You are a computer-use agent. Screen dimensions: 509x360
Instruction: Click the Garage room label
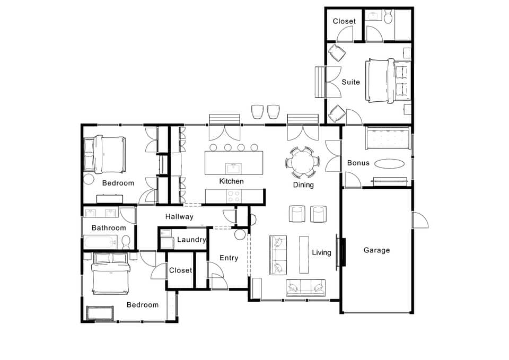(376, 250)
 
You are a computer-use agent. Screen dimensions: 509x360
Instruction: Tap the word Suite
(351, 82)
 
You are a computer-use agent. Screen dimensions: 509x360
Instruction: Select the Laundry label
(191, 240)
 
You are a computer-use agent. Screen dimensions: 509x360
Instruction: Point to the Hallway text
(179, 216)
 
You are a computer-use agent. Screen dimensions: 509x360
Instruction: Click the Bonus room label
(358, 163)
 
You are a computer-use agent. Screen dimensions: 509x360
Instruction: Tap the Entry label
(229, 258)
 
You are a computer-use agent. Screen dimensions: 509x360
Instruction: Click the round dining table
(303, 162)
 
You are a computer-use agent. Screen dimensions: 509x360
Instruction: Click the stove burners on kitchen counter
(234, 196)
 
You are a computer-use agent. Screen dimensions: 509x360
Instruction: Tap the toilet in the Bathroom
(126, 242)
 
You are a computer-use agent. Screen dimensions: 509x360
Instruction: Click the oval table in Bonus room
(389, 163)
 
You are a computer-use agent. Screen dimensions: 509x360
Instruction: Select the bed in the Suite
(388, 81)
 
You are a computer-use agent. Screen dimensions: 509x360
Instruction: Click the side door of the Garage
(420, 220)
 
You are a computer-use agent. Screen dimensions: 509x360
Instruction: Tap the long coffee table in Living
(304, 254)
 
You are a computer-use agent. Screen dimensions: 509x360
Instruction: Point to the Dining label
(303, 185)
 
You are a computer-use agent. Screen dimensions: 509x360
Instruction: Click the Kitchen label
(232, 181)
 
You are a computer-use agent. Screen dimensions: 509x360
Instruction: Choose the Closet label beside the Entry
(180, 270)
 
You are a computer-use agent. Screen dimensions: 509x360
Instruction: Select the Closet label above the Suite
(344, 21)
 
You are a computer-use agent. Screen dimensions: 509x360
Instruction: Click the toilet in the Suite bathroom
(388, 16)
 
